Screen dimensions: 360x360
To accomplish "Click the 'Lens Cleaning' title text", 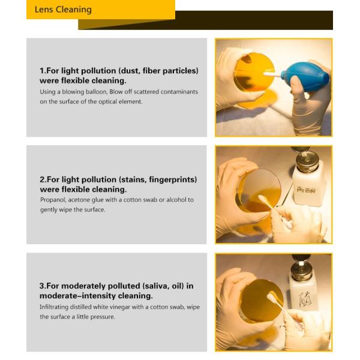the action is [63, 10].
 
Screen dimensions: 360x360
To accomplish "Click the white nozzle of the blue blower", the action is [272, 74].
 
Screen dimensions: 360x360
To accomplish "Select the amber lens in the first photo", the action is [254, 73].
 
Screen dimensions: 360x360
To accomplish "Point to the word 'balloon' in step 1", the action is [96, 92].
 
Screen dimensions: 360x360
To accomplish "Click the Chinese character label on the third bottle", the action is [305, 299].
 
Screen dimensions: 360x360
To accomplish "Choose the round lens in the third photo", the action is [261, 301].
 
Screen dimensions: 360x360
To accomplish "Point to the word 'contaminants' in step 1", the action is [179, 92].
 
